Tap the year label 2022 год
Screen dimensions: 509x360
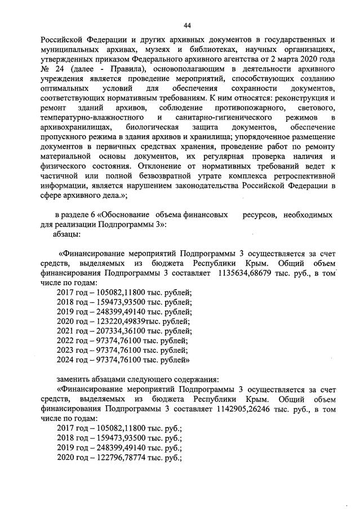[x=72, y=340]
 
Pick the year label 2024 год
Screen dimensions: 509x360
[x=72, y=360]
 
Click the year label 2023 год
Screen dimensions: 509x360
[x=72, y=349]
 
